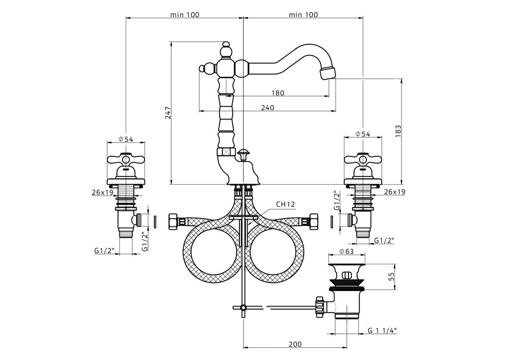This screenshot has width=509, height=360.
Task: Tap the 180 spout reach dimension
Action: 277,93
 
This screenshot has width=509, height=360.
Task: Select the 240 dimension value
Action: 267,107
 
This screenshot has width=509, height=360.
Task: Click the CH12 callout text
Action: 286,204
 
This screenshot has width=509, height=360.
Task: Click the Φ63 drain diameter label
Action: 346,253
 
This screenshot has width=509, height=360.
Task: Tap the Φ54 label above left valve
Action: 126,139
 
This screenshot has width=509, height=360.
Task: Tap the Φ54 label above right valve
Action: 363,134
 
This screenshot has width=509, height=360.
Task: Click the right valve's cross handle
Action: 363,160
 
